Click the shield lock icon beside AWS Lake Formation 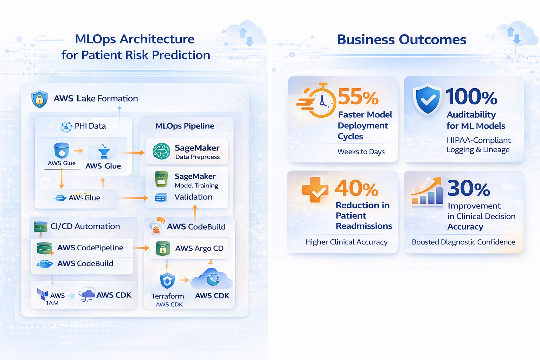point(39,99)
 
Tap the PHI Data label point(90,126)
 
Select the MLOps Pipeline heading point(185,126)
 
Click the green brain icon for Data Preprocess point(161,152)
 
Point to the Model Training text point(197,186)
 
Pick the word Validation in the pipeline point(193,197)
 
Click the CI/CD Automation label point(85,226)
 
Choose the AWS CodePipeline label point(90,248)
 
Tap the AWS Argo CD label point(199,249)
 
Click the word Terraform point(168,296)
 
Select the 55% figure point(358,97)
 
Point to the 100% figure point(471,97)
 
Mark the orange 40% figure point(357,188)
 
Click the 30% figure point(469,188)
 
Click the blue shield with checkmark point(427,100)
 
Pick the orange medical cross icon point(315,189)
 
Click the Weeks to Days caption point(361,152)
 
